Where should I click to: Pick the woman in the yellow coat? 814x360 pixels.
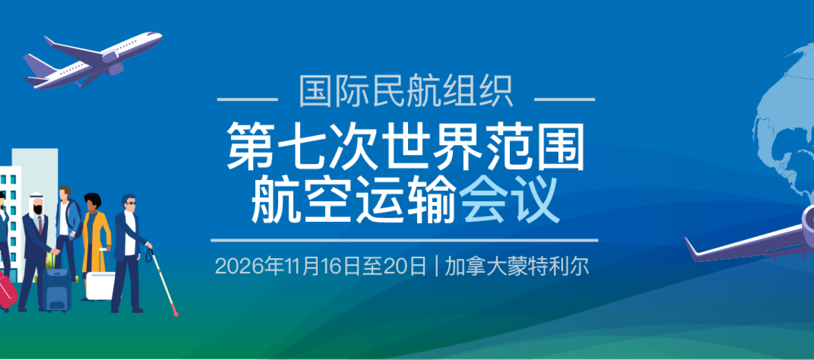[95, 235]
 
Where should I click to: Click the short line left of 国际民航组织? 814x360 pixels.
[247, 99]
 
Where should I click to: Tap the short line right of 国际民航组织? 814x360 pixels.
[565, 99]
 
